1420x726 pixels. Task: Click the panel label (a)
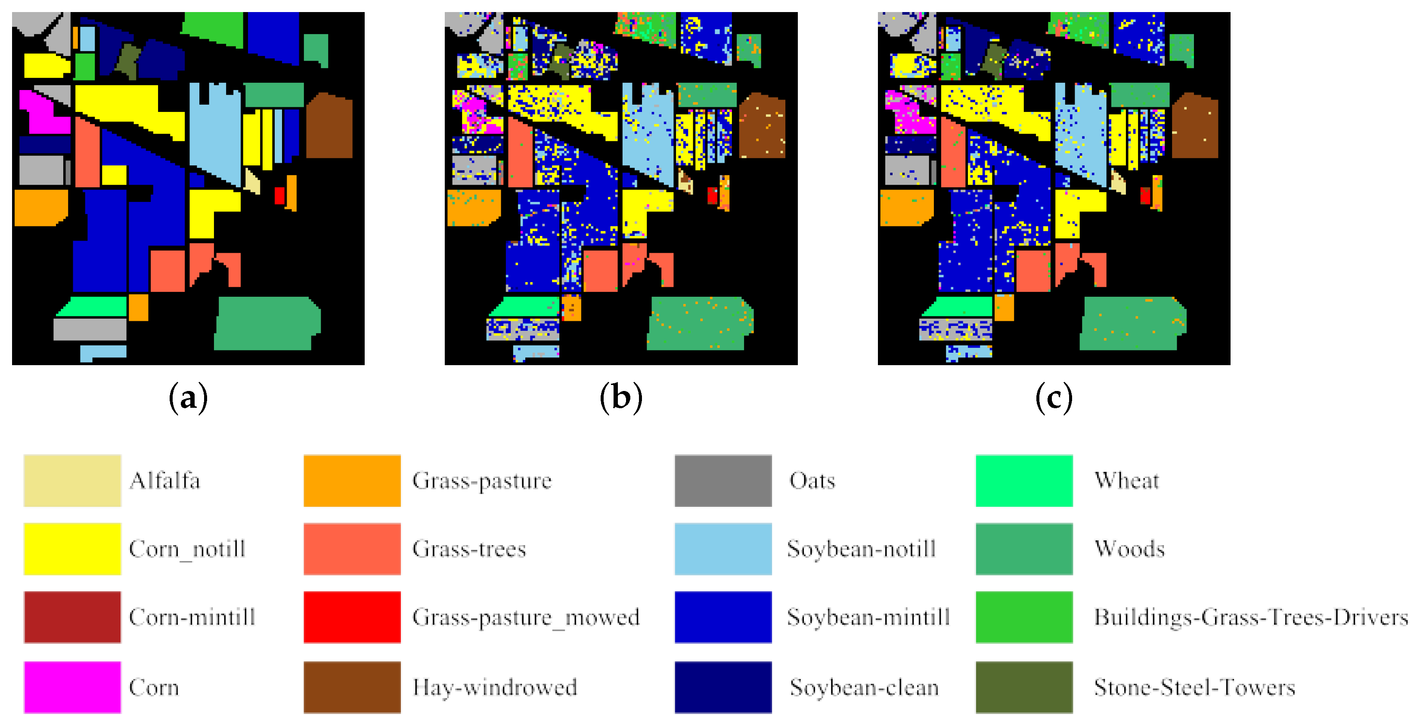point(188,397)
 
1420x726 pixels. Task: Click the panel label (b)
point(621,397)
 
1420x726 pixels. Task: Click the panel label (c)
point(1054,397)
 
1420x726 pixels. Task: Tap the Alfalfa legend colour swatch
point(72,480)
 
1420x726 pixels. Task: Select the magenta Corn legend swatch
point(72,687)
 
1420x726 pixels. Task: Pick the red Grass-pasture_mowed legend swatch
point(352,617)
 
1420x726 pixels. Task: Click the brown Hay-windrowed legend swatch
point(352,687)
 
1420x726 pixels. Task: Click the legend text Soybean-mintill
point(868,617)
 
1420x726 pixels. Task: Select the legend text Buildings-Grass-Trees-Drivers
point(1250,617)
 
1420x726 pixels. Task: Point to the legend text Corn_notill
point(187,549)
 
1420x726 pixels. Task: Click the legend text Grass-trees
point(469,549)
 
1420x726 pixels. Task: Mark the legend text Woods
point(1129,549)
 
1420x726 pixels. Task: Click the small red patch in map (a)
point(279,195)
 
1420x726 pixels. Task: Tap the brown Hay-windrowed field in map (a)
point(329,127)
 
